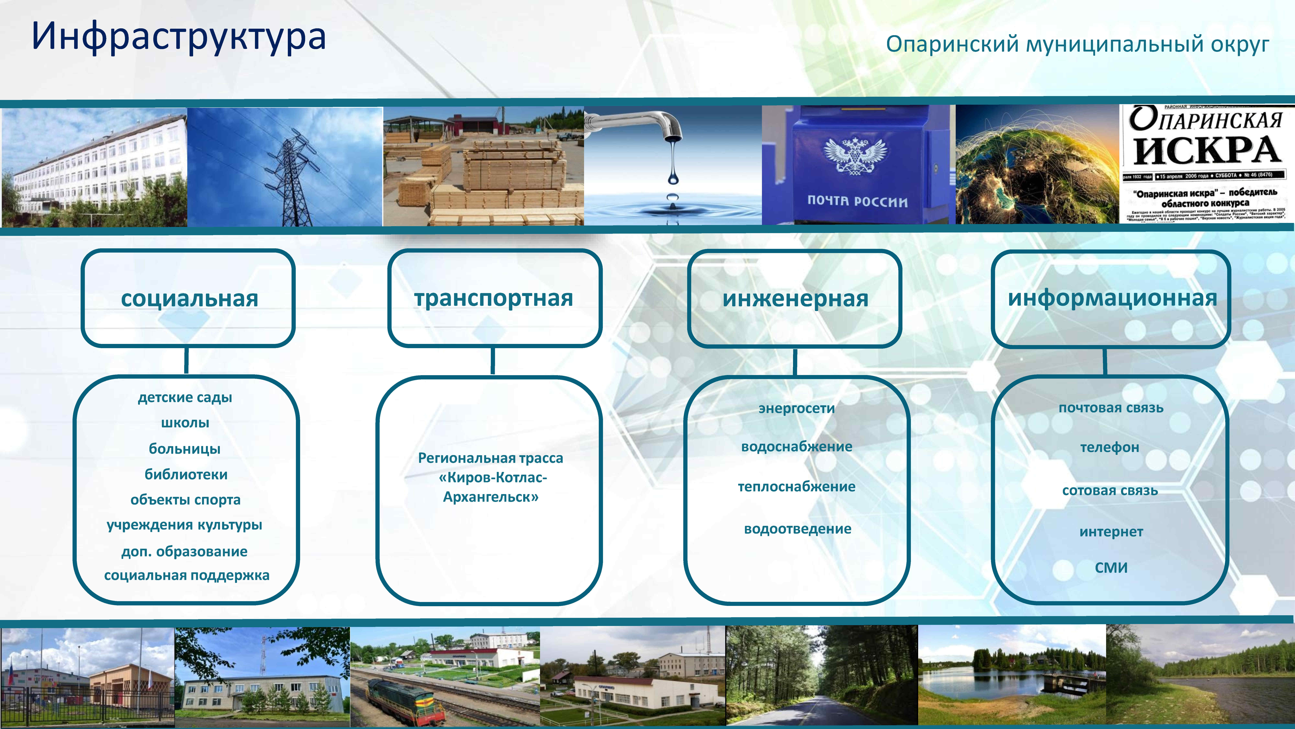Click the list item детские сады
click(x=185, y=397)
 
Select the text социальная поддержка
click(x=186, y=575)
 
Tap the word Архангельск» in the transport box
click(x=491, y=497)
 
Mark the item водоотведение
click(x=797, y=529)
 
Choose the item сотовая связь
click(x=1110, y=491)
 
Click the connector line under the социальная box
click(x=186, y=360)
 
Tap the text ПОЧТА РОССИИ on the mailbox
click(x=857, y=201)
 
